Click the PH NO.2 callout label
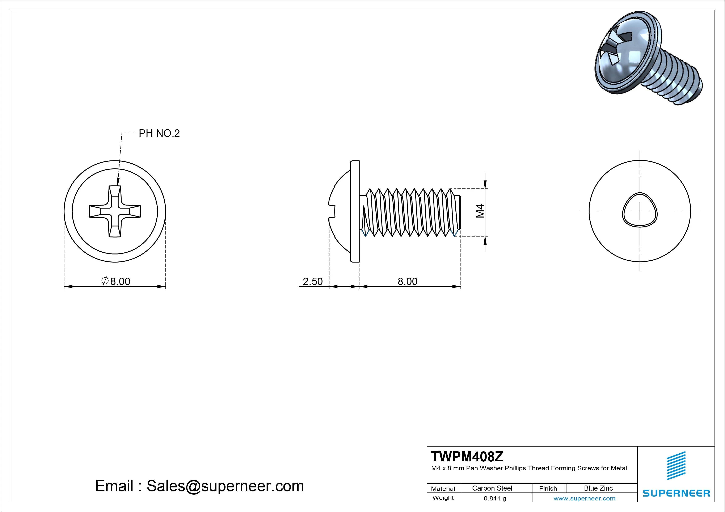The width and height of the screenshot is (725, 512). tap(159, 133)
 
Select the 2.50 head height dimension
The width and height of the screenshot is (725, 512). tap(313, 281)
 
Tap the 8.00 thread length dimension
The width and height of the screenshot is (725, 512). tap(407, 281)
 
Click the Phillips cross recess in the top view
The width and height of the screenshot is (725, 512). tap(115, 211)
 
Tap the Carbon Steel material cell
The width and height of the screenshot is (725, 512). tap(492, 488)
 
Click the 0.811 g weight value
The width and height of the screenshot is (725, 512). tap(495, 498)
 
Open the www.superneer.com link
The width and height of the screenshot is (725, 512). tap(584, 498)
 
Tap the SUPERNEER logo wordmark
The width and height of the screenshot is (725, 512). tap(676, 493)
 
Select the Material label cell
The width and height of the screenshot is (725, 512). tap(443, 489)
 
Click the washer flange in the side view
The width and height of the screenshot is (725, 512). tap(355, 211)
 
